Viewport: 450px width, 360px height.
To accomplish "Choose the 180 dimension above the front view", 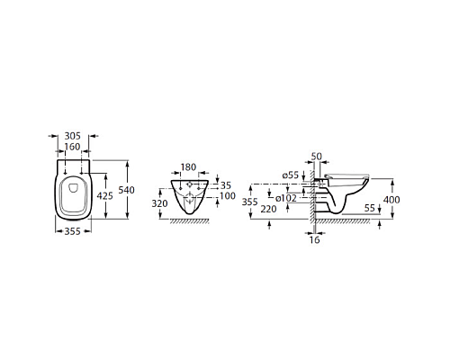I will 187,166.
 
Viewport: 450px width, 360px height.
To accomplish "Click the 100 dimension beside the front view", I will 227,195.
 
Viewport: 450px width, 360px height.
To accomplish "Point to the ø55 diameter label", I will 290,174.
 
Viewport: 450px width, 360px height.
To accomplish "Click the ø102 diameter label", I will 289,198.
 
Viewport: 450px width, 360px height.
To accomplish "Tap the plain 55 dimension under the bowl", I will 371,208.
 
